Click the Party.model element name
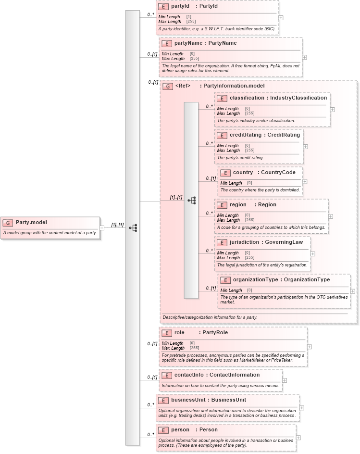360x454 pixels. pos(31,222)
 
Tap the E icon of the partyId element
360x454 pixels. pos(163,7)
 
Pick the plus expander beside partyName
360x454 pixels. pos(304,57)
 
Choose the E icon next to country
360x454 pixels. pos(225,173)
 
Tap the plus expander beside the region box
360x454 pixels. pos(330,216)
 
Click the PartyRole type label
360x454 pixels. pos(215,333)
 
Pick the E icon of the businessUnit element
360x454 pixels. pos(163,400)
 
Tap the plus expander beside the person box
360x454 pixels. pos(298,438)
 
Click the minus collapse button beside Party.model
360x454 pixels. pos(102,227)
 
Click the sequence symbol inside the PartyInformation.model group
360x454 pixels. pos(192,200)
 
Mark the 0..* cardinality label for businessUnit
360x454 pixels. pos(150,405)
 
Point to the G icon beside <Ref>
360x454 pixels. pos(168,87)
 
